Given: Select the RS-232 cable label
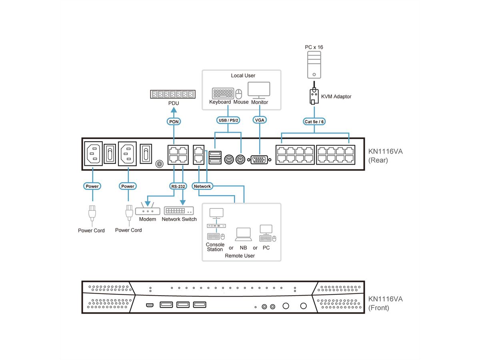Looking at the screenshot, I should [x=178, y=186].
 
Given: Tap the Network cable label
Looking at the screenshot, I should [x=202, y=186].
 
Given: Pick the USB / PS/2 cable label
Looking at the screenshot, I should [x=228, y=120].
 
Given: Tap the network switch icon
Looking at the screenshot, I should [x=179, y=211].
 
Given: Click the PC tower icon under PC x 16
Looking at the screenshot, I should [x=314, y=65].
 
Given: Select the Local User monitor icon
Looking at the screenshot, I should [x=259, y=90].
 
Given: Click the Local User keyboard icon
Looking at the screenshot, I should [x=223, y=94].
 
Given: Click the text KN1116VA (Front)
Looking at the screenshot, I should [x=386, y=303].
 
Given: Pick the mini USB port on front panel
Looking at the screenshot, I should [x=149, y=306].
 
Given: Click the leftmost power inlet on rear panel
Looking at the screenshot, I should [x=93, y=153].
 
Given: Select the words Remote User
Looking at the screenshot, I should [x=240, y=256].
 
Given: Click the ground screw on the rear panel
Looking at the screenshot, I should [x=159, y=164].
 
